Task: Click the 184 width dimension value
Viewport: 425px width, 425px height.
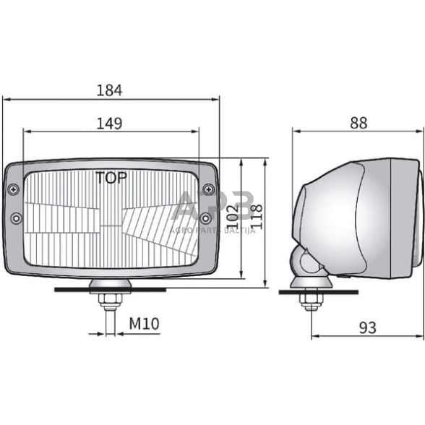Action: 110,90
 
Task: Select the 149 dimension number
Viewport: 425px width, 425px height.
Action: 110,124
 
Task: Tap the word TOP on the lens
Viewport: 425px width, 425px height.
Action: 111,178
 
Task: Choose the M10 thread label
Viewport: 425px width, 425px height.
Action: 144,324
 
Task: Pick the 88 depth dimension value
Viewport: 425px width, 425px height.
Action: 358,123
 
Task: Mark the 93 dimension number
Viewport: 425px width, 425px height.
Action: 367,328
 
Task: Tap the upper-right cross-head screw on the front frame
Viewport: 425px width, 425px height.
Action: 209,189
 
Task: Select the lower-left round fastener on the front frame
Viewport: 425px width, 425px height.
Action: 16,218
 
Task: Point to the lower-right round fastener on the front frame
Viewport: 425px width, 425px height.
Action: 206,218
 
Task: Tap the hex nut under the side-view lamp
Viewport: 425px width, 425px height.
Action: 312,300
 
